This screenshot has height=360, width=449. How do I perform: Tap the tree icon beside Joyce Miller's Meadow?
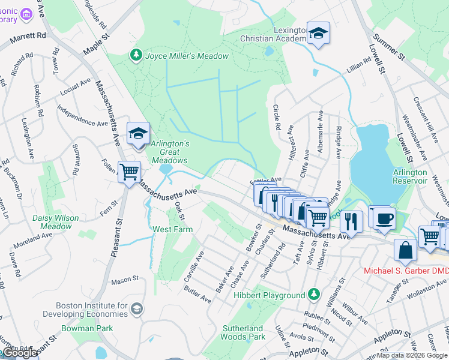click(x=136, y=56)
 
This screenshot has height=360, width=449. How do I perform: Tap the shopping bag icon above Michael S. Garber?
click(x=406, y=251)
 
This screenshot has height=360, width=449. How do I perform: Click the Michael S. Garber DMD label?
click(x=406, y=271)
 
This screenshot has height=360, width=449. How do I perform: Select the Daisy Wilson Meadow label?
click(x=59, y=222)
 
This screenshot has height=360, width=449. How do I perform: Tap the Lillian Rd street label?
click(x=359, y=68)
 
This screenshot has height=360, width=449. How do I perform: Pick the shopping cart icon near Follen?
click(x=129, y=172)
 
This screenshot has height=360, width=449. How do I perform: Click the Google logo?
click(x=20, y=353)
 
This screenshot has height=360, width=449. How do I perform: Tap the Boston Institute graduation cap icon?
click(x=137, y=308)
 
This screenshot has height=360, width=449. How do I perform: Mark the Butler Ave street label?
click(x=197, y=295)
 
